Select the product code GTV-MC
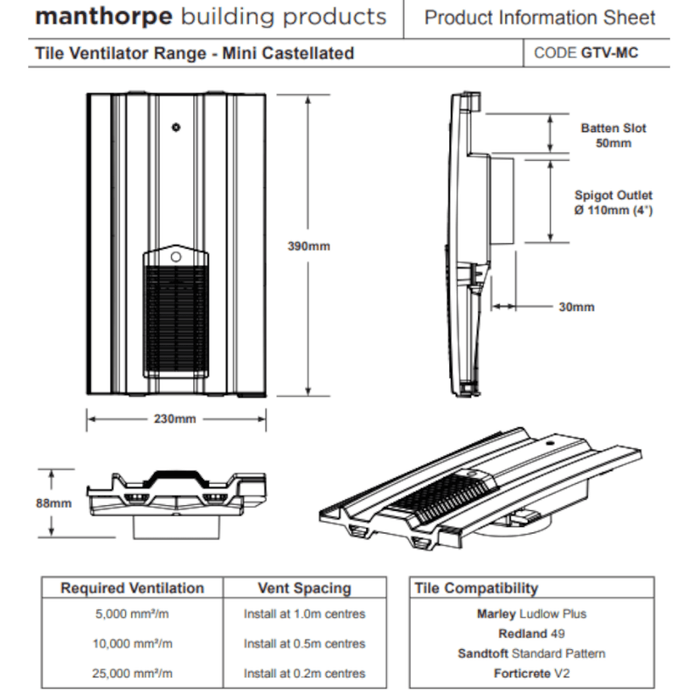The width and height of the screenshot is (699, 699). click(x=609, y=53)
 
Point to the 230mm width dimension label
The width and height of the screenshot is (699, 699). click(x=175, y=419)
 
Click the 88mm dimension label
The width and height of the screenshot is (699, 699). click(x=53, y=502)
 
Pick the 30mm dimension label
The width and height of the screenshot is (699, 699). click(x=576, y=307)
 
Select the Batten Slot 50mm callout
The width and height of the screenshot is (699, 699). click(x=613, y=135)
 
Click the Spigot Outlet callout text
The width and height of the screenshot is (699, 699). click(x=613, y=204)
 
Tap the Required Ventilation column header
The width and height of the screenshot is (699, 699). click(x=132, y=588)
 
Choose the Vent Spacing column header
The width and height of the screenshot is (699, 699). click(x=304, y=588)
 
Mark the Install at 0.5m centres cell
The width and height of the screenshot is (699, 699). click(x=304, y=644)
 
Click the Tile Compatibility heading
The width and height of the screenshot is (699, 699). click(x=476, y=588)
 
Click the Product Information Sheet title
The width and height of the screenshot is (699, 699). click(x=540, y=17)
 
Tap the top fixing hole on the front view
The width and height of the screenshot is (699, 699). click(x=176, y=127)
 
